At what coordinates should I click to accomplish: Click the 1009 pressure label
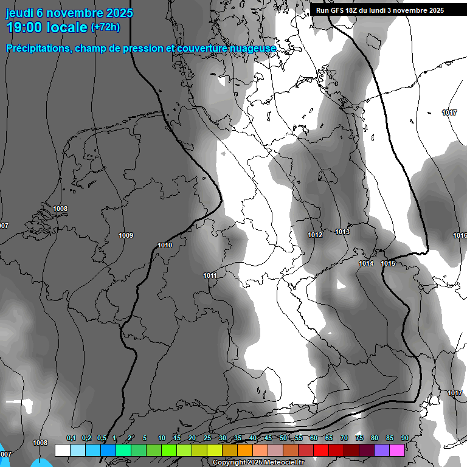pos(126,235)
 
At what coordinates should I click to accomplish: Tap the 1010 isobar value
pos(165,245)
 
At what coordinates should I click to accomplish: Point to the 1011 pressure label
pos(210,275)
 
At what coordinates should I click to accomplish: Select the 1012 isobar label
pos(315,235)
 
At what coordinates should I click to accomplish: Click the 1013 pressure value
pos(342,232)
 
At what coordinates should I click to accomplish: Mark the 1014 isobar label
pos(366,263)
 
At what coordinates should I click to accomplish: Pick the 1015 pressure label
pos(388,263)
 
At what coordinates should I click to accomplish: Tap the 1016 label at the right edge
pos(460,235)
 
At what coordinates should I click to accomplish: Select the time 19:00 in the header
pos(24,27)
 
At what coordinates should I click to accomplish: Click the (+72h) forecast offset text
pos(105,27)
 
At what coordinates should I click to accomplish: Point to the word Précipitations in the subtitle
pos(36,48)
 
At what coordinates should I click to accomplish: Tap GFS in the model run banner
pos(337,10)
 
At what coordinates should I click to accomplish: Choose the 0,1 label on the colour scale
pos(71,438)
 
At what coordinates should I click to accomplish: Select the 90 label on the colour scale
pos(405,438)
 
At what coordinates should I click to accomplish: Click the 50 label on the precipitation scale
pos(283,438)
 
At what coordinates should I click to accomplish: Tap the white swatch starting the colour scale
pos(62,450)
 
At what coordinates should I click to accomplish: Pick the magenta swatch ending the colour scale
pos(397,450)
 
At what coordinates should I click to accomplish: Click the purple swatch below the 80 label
pos(382,450)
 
